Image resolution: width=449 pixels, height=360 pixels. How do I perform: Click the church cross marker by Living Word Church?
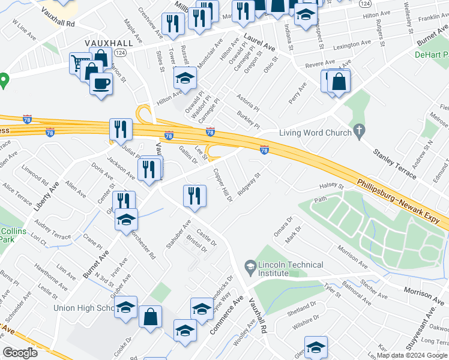tap(359, 130)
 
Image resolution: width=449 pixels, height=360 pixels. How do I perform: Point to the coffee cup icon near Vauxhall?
tap(101, 83)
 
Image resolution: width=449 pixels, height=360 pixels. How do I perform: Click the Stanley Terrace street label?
tap(395, 161)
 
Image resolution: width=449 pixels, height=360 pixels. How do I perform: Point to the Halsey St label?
tap(331, 187)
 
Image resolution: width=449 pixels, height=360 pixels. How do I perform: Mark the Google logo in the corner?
tap(20, 353)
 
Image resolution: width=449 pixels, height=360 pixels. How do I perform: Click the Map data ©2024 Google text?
tap(412, 355)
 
